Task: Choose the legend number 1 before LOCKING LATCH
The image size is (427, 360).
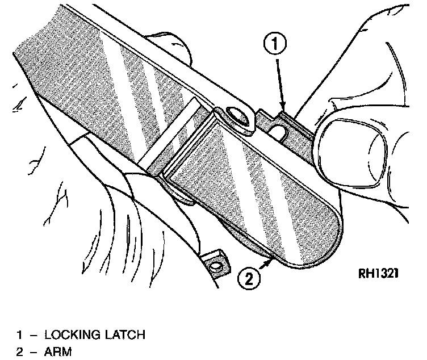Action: click(x=19, y=335)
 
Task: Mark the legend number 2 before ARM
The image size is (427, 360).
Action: click(x=19, y=352)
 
